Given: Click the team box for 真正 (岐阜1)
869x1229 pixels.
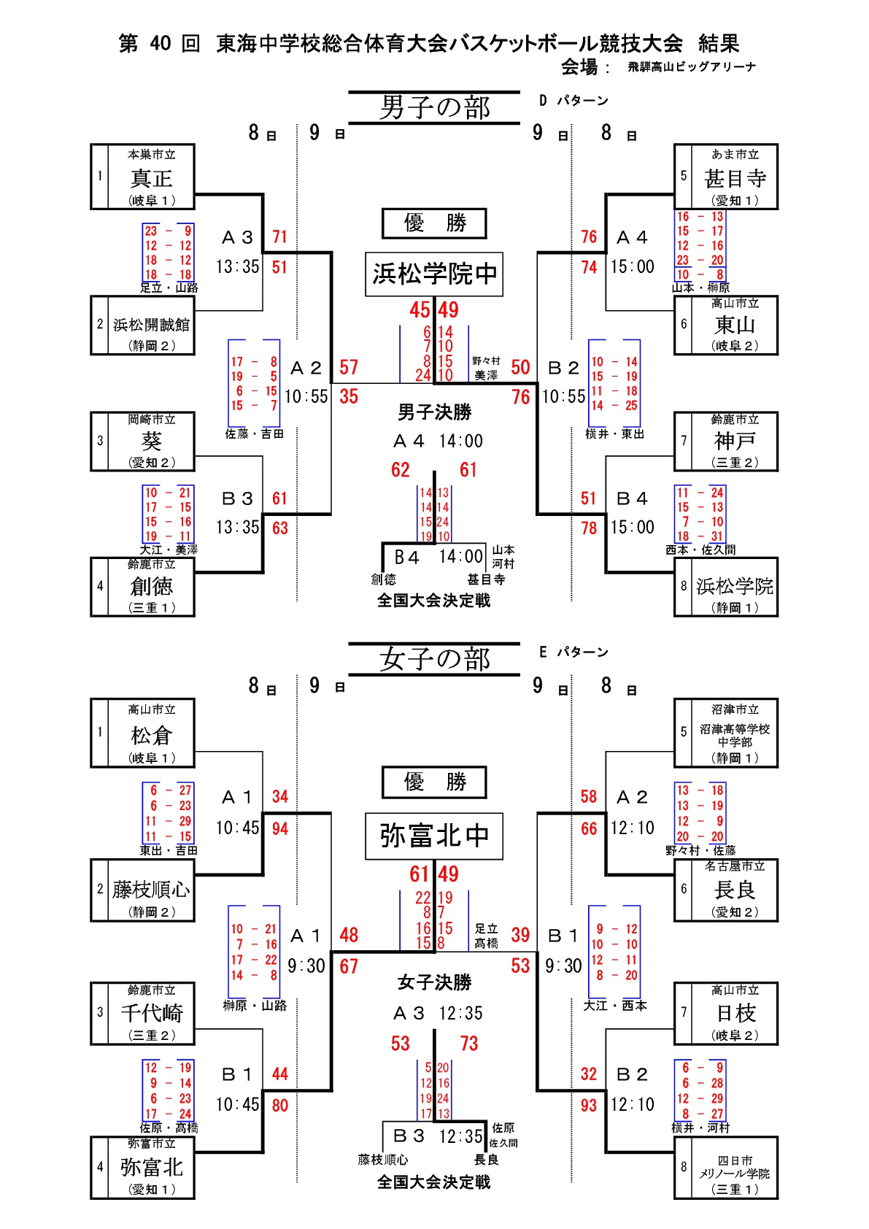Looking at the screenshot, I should point(143,177).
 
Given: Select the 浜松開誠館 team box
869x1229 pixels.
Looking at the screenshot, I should point(143,325).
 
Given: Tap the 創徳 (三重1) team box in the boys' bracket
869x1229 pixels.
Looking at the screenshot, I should point(143,587).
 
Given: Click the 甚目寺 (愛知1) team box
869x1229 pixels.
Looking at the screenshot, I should point(726,177).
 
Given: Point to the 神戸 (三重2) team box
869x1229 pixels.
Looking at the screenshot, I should point(726,442).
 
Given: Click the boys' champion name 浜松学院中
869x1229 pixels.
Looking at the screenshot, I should point(434,274).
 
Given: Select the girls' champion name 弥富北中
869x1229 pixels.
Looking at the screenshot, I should point(434,836).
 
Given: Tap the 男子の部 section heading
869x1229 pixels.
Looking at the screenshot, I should point(434,108).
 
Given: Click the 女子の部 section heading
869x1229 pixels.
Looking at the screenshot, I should point(434,660).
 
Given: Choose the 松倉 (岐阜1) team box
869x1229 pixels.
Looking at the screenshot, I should point(143,733).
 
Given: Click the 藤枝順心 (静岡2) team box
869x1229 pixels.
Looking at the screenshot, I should point(143,890).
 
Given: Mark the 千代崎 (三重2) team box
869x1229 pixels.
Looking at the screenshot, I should point(143,1014).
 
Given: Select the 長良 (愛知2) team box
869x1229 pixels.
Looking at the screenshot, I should point(726,890).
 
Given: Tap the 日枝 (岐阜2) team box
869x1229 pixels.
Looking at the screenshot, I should point(726,1014).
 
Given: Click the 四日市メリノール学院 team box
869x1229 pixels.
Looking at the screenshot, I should point(726,1168).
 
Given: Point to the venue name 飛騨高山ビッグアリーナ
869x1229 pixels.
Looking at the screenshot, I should point(692,67).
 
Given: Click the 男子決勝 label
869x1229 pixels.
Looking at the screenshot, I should point(434,413).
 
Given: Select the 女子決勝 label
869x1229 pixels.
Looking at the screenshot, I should point(434,983).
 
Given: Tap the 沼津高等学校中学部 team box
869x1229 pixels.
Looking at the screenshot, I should point(726,733).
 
